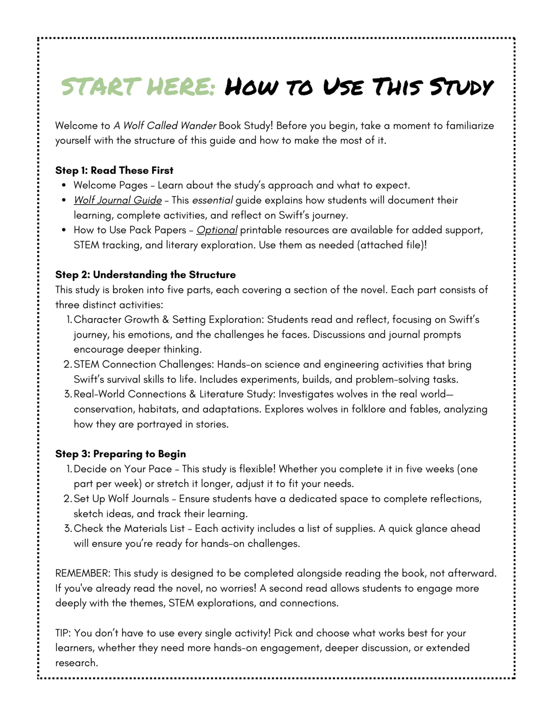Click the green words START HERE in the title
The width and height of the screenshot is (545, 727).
[138, 87]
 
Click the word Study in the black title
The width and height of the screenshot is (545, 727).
[461, 87]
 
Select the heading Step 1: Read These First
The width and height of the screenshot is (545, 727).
[114, 170]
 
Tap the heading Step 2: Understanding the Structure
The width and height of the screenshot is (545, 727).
[145, 275]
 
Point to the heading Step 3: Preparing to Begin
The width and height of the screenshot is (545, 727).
[120, 454]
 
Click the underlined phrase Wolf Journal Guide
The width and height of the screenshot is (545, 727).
[118, 200]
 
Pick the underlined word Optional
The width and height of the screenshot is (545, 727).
[217, 230]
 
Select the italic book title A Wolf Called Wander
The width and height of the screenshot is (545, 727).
[165, 126]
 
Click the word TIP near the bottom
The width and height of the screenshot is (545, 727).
[62, 633]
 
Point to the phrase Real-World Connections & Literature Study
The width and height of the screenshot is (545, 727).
[173, 394]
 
